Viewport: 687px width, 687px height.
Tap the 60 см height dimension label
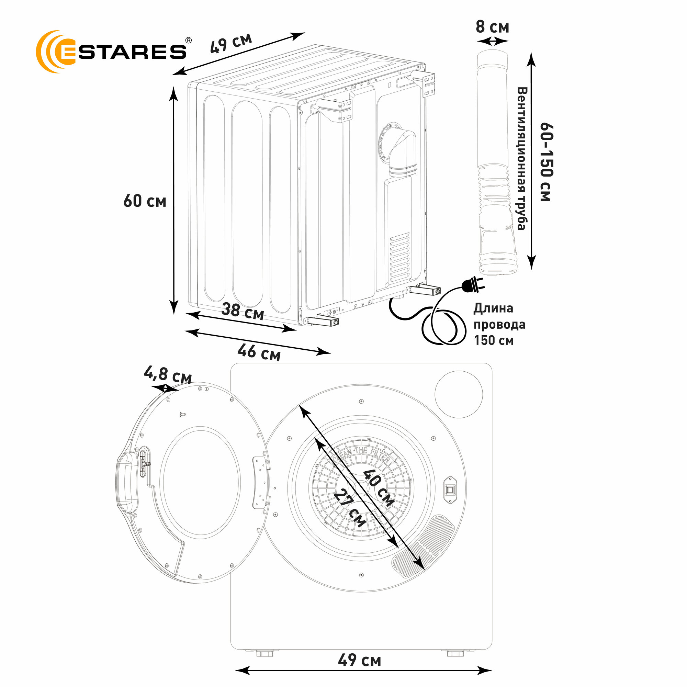(x=145, y=201)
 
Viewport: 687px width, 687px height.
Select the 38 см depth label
(x=243, y=312)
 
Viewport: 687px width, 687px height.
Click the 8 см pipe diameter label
(x=493, y=27)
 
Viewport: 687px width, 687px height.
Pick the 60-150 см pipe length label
(x=546, y=162)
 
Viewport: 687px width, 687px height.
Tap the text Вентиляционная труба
(x=521, y=159)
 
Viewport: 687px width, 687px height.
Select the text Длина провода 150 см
(x=499, y=324)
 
